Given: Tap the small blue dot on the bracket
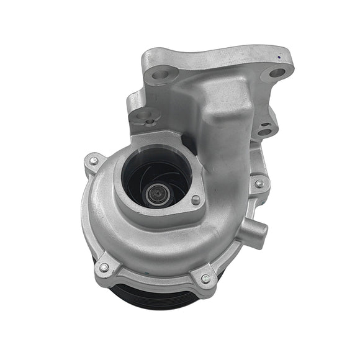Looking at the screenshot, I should coord(282,55).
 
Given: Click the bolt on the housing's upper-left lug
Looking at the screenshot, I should coord(94,161).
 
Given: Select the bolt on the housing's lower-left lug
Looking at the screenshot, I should coord(103,268).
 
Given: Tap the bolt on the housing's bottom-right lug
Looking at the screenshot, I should coord(205,279).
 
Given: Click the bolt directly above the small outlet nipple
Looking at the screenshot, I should coord(259,183).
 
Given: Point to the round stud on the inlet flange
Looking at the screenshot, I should coord(196,200).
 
